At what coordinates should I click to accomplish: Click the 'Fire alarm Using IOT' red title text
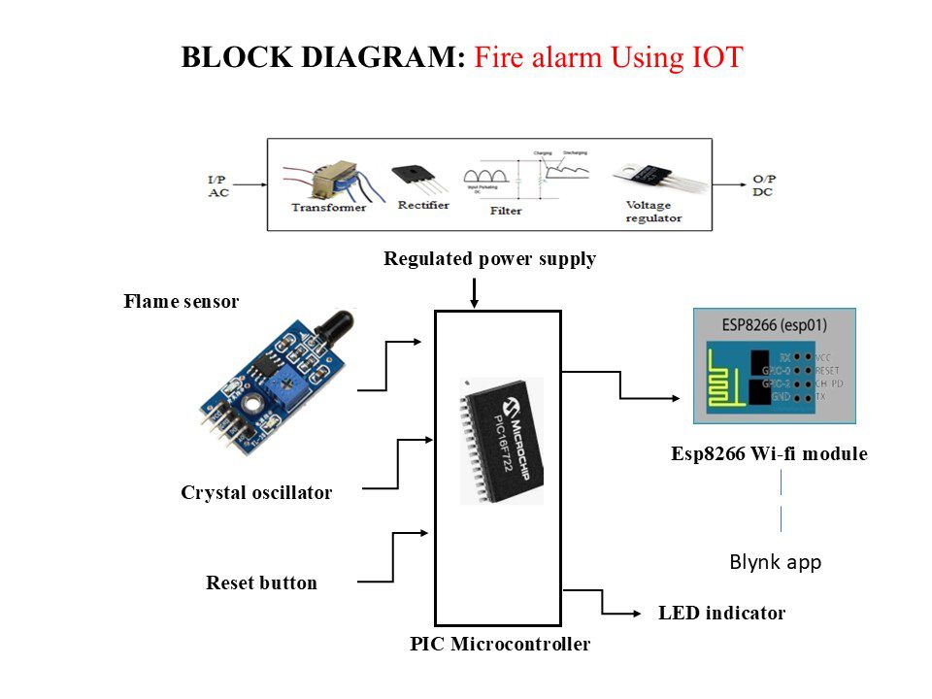[609, 57]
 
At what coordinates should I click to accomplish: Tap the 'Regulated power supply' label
[489, 259]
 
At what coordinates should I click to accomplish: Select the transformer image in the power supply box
[324, 182]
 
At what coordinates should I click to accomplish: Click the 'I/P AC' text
[218, 186]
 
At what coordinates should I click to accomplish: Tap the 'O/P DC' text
[765, 186]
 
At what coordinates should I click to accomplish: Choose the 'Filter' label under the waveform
[506, 210]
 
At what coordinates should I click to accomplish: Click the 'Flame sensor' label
[181, 302]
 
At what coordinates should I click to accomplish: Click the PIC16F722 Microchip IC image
[501, 440]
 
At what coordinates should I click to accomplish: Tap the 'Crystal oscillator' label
[256, 493]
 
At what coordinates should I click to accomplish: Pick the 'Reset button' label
[261, 583]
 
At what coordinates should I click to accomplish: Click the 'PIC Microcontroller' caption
[500, 644]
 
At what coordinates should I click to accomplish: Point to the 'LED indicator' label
[721, 614]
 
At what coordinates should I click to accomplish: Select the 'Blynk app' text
[775, 563]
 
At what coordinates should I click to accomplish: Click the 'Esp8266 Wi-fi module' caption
[769, 454]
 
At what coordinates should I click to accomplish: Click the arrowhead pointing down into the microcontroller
[473, 303]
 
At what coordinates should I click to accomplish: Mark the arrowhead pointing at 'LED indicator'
[638, 614]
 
